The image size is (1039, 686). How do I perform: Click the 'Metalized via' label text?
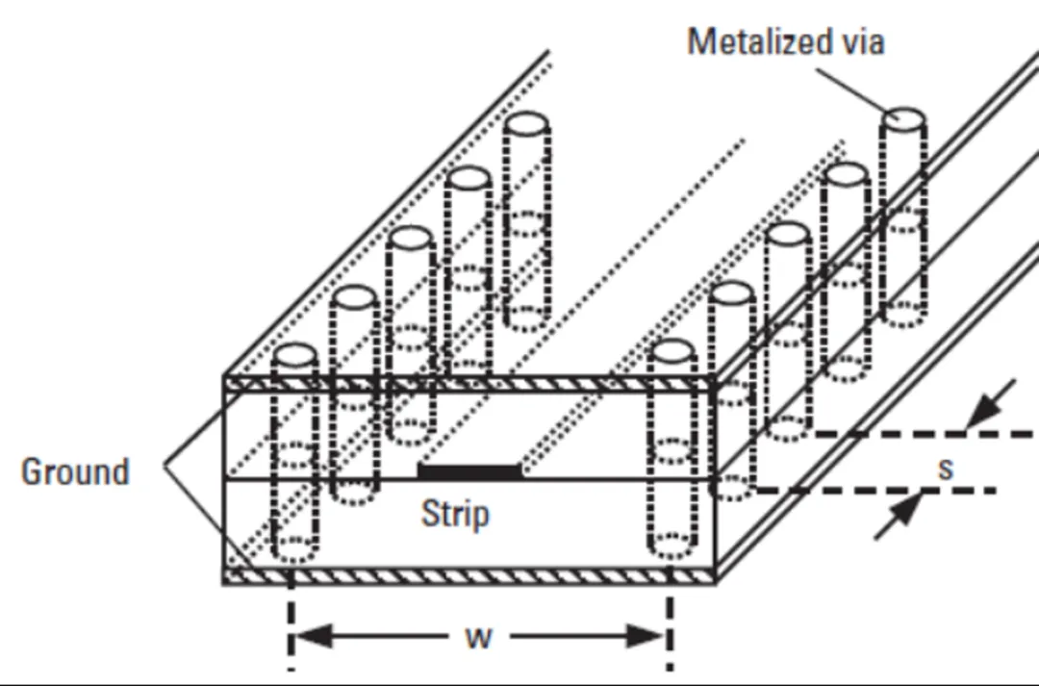click(785, 42)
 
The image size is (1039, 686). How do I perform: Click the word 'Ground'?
click(75, 471)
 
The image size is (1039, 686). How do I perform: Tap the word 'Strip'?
click(455, 514)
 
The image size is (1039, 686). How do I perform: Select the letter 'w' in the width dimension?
click(478, 637)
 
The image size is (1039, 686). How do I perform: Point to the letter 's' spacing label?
click(947, 468)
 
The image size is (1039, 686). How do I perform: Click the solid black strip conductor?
click(469, 470)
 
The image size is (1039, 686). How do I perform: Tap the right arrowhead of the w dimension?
click(650, 636)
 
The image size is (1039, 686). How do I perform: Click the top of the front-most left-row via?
click(295, 355)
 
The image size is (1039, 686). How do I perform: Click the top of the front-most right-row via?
click(671, 351)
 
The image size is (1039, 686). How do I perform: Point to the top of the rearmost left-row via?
click(525, 124)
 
